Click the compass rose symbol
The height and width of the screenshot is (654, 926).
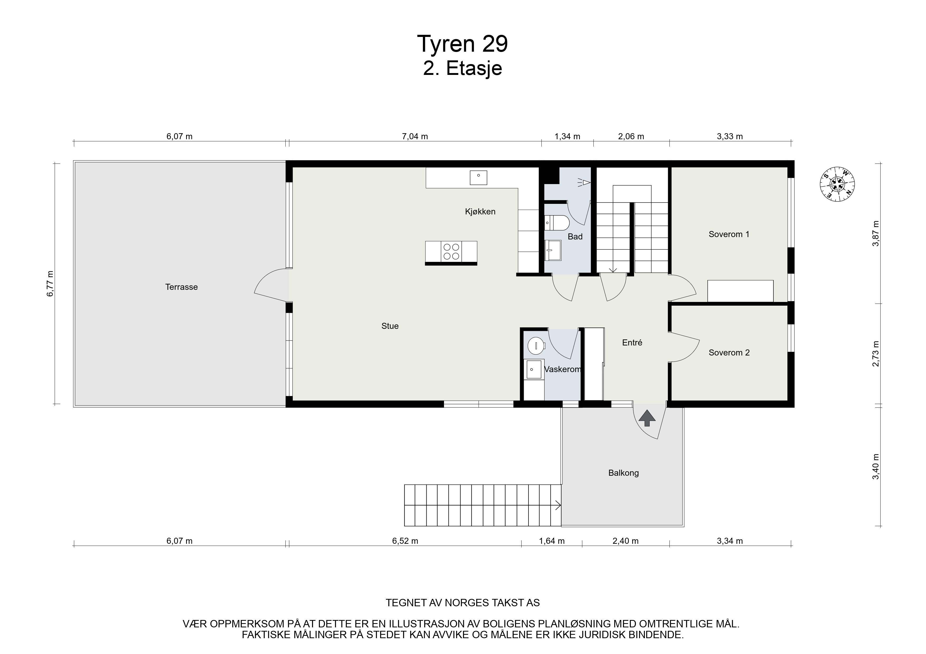tap(838, 184)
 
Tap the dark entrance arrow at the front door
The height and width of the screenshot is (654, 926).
tap(647, 418)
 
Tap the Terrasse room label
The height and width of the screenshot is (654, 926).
tap(182, 287)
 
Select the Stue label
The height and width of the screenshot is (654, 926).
tap(390, 326)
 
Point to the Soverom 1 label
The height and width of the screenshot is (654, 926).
tap(729, 234)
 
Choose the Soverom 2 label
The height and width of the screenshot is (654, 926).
tap(729, 353)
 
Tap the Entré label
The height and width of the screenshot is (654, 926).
tap(632, 343)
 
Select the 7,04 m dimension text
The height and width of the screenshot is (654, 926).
tap(415, 136)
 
